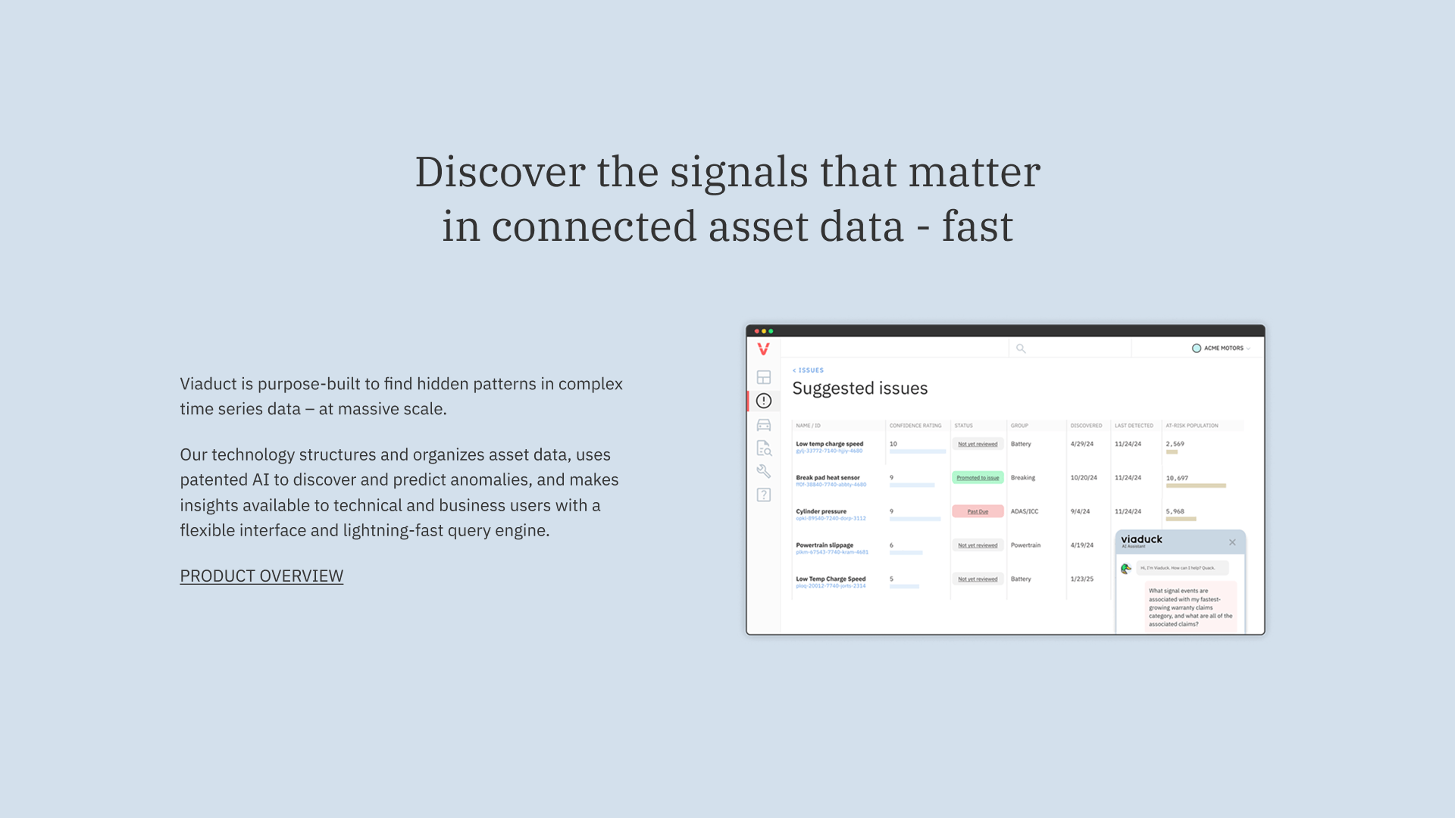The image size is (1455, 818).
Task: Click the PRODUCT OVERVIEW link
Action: [261, 576]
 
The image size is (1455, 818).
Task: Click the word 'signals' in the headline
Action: [739, 172]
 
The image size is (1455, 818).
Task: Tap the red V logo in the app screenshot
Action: [763, 348]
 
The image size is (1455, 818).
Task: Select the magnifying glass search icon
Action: [1021, 348]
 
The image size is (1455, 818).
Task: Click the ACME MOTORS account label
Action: [1223, 348]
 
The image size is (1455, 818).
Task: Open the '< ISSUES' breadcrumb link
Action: [809, 370]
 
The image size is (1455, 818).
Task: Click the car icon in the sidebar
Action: [764, 425]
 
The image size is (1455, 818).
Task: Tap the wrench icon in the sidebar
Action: [764, 471]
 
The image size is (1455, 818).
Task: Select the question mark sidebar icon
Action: [764, 495]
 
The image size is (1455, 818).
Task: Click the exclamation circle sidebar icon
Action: [764, 401]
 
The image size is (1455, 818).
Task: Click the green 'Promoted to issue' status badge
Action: [978, 478]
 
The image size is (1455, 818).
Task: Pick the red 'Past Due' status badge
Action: [978, 512]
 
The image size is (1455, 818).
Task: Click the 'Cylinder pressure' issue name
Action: [821, 511]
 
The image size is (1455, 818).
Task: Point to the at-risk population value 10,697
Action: [1177, 478]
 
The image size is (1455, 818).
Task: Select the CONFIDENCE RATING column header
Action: [915, 426]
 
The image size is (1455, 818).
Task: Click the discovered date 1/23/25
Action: [1081, 579]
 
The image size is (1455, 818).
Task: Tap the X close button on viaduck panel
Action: [1232, 542]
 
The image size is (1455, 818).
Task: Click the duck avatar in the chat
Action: [1126, 568]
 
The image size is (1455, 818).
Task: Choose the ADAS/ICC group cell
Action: [1025, 512]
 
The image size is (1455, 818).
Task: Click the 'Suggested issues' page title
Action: [860, 389]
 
